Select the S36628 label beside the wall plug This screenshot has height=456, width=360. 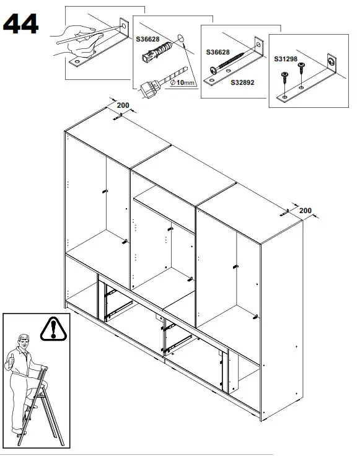pos(147,39)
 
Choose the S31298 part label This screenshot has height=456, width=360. pos(286,59)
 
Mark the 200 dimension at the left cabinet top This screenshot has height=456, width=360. pos(123,105)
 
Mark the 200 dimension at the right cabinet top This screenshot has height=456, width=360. pos(305,211)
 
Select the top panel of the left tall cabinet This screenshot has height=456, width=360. pos(118,144)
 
